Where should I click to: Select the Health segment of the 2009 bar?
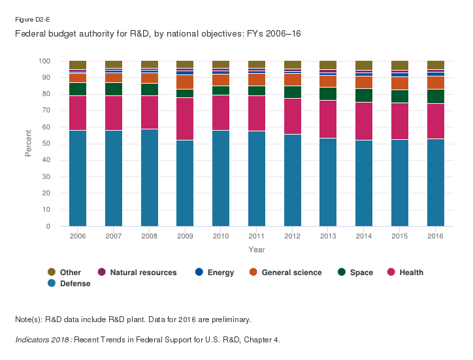[185, 119]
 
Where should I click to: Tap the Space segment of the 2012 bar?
[293, 92]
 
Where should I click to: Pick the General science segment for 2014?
[364, 82]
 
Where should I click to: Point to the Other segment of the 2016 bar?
[436, 65]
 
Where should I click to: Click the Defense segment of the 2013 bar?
[328, 182]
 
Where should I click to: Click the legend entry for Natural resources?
[143, 272]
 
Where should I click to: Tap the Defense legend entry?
[75, 284]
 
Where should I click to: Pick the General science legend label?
[291, 272]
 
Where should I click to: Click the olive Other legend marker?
[52, 272]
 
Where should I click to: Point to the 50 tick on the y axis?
[46, 144]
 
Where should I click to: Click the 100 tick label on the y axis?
[44, 61]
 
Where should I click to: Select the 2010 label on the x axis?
[221, 236]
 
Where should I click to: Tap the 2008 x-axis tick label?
[150, 236]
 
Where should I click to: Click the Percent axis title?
[29, 144]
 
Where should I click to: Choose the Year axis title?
[257, 249]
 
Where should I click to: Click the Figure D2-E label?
[28, 20]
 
